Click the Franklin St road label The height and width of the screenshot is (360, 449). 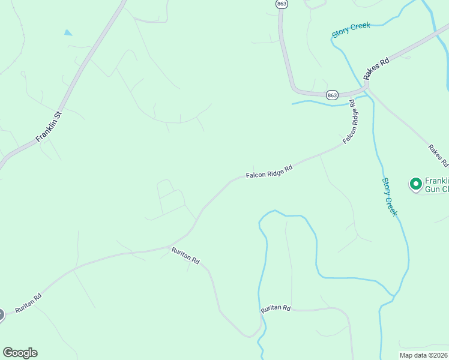pyautogui.click(x=50, y=126)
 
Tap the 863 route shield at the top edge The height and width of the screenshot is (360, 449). pyautogui.click(x=282, y=4)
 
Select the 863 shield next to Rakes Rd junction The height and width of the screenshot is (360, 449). pyautogui.click(x=333, y=95)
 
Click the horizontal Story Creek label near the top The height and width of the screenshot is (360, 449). pyautogui.click(x=352, y=30)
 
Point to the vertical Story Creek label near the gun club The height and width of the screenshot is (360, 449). pyautogui.click(x=390, y=197)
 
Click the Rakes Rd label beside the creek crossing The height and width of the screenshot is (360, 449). pyautogui.click(x=376, y=70)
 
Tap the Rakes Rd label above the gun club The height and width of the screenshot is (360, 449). pyautogui.click(x=438, y=155)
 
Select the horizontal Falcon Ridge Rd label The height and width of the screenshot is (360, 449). pyautogui.click(x=269, y=172)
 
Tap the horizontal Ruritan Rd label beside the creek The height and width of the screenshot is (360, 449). pyautogui.click(x=276, y=308)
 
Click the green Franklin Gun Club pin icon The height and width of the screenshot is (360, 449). pyautogui.click(x=415, y=184)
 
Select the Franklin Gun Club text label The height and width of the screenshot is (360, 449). pyautogui.click(x=436, y=185)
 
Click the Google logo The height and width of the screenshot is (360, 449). pyautogui.click(x=20, y=353)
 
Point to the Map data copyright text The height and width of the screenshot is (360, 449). pyautogui.click(x=424, y=355)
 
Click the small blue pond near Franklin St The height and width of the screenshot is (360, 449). pyautogui.click(x=68, y=32)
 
